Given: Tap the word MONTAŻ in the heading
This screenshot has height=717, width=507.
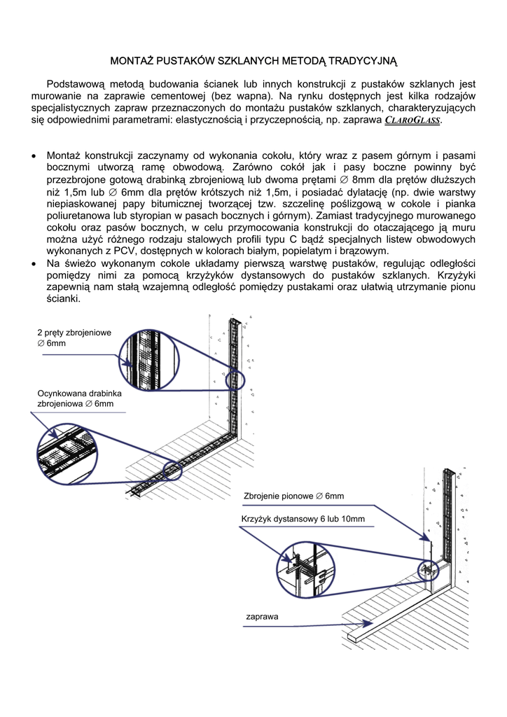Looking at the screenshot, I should click(133, 61).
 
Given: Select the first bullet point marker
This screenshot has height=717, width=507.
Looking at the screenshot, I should click(35, 155).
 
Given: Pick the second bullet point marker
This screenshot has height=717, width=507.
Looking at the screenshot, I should click(35, 263).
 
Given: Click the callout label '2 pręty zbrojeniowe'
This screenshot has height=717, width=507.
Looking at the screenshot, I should click(74, 333).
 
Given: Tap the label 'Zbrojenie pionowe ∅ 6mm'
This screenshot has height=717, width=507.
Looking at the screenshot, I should click(293, 496).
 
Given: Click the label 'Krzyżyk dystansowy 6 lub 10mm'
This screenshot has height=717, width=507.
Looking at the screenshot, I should click(303, 519).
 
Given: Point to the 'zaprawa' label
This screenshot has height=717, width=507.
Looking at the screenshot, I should click(262, 617).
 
